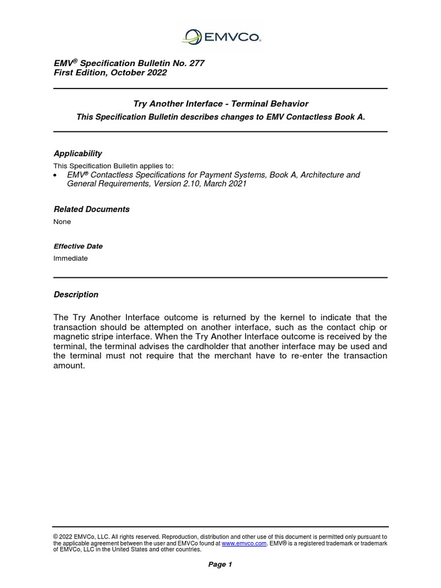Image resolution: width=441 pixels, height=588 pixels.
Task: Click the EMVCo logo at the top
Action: tap(220, 37)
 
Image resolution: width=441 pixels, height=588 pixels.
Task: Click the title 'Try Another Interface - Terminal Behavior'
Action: tap(220, 104)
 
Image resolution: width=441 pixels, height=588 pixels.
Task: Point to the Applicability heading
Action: tap(78, 153)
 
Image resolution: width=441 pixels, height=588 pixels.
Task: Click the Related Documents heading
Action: tap(91, 209)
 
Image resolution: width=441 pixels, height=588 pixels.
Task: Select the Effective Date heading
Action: tap(78, 246)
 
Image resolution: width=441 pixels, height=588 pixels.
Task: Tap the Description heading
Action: tap(76, 295)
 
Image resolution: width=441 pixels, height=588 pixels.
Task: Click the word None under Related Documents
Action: tap(63, 222)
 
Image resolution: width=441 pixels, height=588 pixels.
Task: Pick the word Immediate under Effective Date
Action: tap(71, 258)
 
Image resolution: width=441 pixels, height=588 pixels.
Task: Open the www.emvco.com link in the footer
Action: tap(243, 543)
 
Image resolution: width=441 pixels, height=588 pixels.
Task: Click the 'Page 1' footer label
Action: tap(220, 564)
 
